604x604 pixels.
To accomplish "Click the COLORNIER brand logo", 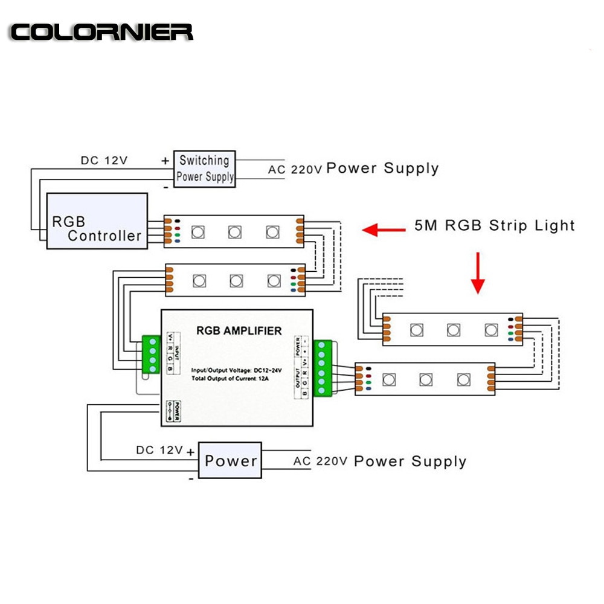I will pyautogui.click(x=101, y=31).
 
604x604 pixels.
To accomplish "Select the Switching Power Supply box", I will pyautogui.click(x=204, y=169).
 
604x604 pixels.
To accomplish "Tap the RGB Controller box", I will pyautogui.click(x=97, y=221).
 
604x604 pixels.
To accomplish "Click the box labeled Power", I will pyautogui.click(x=230, y=461).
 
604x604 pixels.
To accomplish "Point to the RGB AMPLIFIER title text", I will pyautogui.click(x=239, y=330).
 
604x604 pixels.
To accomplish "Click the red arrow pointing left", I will pyautogui.click(x=384, y=229).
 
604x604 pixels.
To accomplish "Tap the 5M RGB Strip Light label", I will pyautogui.click(x=494, y=225).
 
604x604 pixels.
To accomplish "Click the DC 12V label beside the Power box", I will pyautogui.click(x=159, y=450).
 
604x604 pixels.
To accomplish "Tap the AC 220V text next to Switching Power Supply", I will pyautogui.click(x=295, y=169).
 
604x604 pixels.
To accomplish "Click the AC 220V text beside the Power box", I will pyautogui.click(x=320, y=461).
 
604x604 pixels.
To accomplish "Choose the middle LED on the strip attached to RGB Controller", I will pyautogui.click(x=234, y=231).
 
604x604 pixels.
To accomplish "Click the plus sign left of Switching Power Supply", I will pyautogui.click(x=165, y=161).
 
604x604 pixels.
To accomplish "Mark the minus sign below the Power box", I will pyautogui.click(x=191, y=477).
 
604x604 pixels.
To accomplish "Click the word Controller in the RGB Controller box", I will pyautogui.click(x=104, y=236).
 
